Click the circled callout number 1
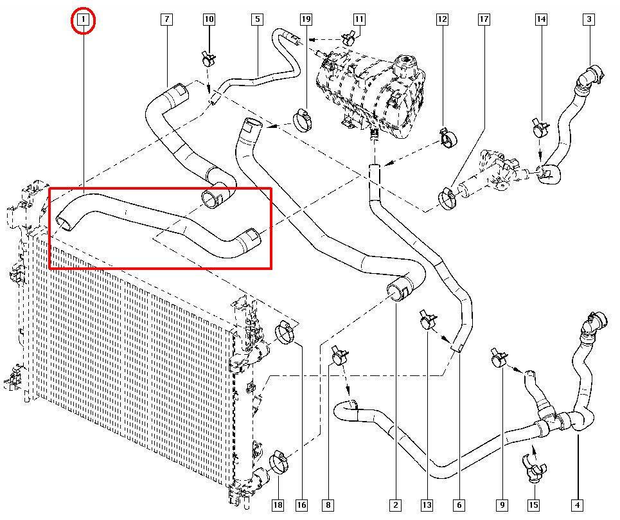pyautogui.click(x=83, y=20)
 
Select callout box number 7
pyautogui.click(x=166, y=20)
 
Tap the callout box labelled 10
pyautogui.click(x=209, y=20)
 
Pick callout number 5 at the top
pyautogui.click(x=257, y=20)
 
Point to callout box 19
pyautogui.click(x=306, y=20)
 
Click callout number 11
pyautogui.click(x=359, y=20)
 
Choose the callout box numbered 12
pyautogui.click(x=442, y=20)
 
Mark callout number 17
pyautogui.click(x=484, y=20)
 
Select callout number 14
pyautogui.click(x=542, y=20)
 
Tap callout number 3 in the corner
pyautogui.click(x=589, y=20)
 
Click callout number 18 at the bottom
pyautogui.click(x=278, y=505)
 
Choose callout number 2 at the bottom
pyautogui.click(x=396, y=505)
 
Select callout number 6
pyautogui.click(x=459, y=505)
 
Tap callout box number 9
pyautogui.click(x=502, y=505)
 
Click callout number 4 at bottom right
pyautogui.click(x=578, y=505)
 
